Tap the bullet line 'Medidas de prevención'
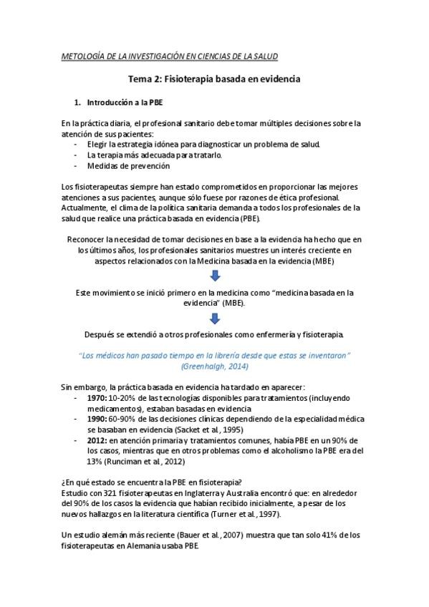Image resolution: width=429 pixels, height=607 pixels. point(128,166)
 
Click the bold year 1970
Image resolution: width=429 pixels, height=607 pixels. point(97,397)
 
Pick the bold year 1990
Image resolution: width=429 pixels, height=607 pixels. point(97,419)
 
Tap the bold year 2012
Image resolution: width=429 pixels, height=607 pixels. point(97,440)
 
